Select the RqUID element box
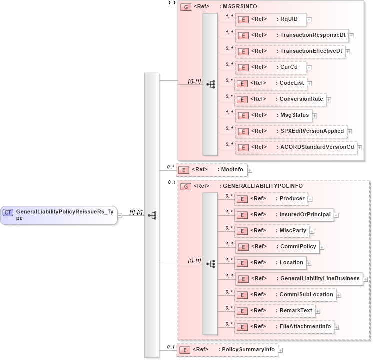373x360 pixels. (x=270, y=19)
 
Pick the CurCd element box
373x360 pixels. (x=270, y=67)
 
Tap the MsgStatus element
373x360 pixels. (x=274, y=115)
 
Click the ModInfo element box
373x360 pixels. (x=212, y=170)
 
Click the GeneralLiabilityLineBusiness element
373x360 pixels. (x=298, y=279)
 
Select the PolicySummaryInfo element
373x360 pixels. (x=227, y=350)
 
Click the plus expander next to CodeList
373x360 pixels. (x=310, y=84)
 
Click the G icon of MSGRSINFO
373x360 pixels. (x=186, y=7)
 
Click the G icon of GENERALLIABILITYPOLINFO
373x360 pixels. (x=186, y=186)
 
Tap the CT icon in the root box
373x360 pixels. (x=8, y=212)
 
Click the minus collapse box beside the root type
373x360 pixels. (x=120, y=215)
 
